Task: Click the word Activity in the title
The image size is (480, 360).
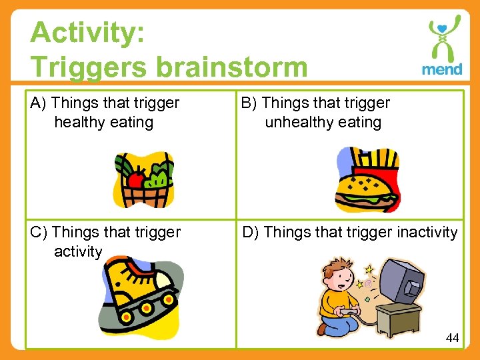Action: pos(87,33)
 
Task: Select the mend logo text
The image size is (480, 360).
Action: pos(441,69)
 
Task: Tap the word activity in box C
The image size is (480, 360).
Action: pos(78,252)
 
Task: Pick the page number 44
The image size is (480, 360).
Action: pos(452,338)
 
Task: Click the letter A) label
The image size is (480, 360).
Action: pos(39,103)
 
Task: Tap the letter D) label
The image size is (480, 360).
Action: pos(251,233)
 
